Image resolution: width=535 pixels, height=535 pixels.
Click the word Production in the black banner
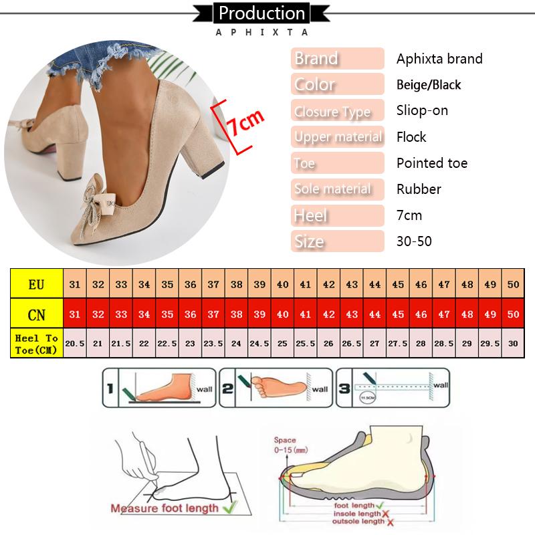pos(261,13)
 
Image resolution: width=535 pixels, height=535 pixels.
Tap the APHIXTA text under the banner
pos(261,31)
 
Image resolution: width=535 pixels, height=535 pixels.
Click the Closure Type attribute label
pos(332,111)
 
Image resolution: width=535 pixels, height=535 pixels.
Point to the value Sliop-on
pos(422,111)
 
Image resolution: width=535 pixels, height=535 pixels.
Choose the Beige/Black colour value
pos(429,85)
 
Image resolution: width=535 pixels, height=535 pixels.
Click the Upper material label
pos(338,137)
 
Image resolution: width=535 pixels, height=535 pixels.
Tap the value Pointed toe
pos(432,163)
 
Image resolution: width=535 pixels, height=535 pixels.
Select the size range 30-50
pos(414,241)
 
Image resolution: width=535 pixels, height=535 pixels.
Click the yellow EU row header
pos(36,284)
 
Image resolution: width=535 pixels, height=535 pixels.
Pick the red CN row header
pos(36,314)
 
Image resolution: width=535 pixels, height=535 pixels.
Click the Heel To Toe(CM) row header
pos(36,343)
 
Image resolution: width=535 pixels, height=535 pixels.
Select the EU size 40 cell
pos(283,284)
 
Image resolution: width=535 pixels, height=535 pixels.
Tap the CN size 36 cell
pos(191,314)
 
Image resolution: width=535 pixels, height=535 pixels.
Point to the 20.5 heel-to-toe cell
pos(75,343)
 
